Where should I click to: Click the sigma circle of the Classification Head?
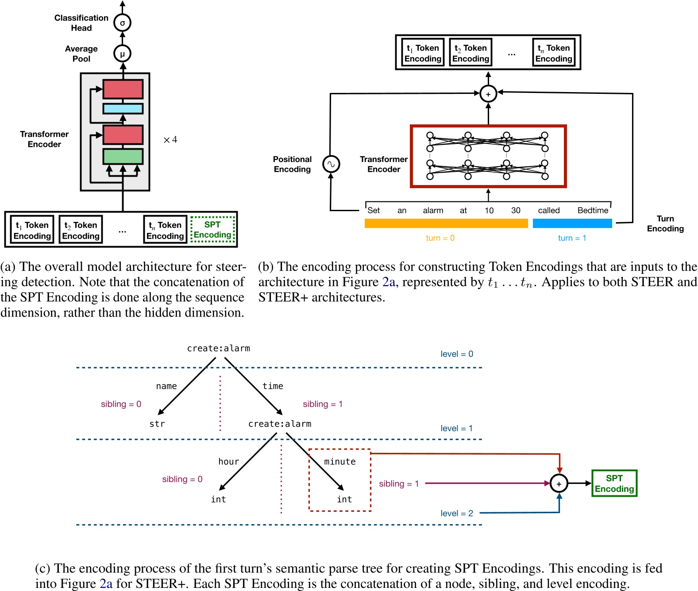pos(123,23)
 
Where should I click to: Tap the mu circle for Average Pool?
pos(123,54)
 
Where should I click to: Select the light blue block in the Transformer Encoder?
pos(123,108)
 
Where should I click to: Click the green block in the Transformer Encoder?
pos(123,157)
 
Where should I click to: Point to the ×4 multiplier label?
pos(170,140)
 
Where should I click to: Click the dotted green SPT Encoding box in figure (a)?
pos(212,230)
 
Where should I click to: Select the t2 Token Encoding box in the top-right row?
pos(470,53)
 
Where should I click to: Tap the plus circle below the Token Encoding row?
pos(488,94)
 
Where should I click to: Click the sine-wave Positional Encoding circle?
pos(331,164)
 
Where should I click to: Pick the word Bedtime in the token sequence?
pos(593,210)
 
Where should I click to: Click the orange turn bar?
pos(446,224)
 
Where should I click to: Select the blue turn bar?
pos(572,224)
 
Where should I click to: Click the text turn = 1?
pos(572,238)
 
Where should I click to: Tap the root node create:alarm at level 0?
pos(218,348)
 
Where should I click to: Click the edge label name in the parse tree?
pos(166,386)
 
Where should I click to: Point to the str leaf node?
pos(157,424)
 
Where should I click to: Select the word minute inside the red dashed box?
pos(339,462)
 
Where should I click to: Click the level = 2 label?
pos(456,513)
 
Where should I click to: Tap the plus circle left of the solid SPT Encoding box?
pos(559,484)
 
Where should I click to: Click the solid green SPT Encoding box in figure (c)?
pos(614,483)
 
